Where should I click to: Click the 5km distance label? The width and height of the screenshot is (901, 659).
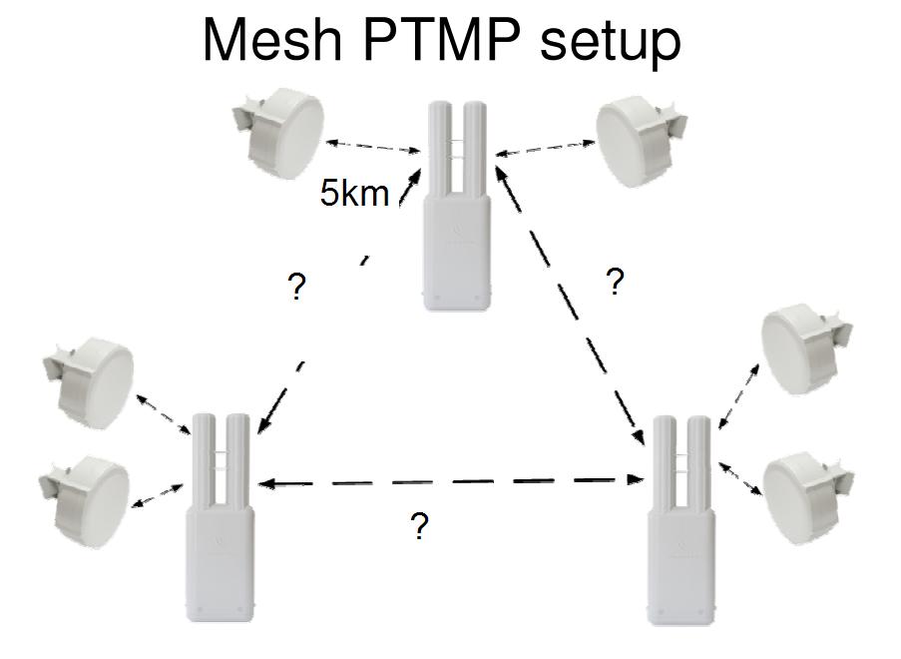[354, 193]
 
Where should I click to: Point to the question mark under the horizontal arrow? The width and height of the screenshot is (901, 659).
[420, 527]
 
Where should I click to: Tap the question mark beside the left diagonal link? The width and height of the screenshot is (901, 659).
[295, 289]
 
